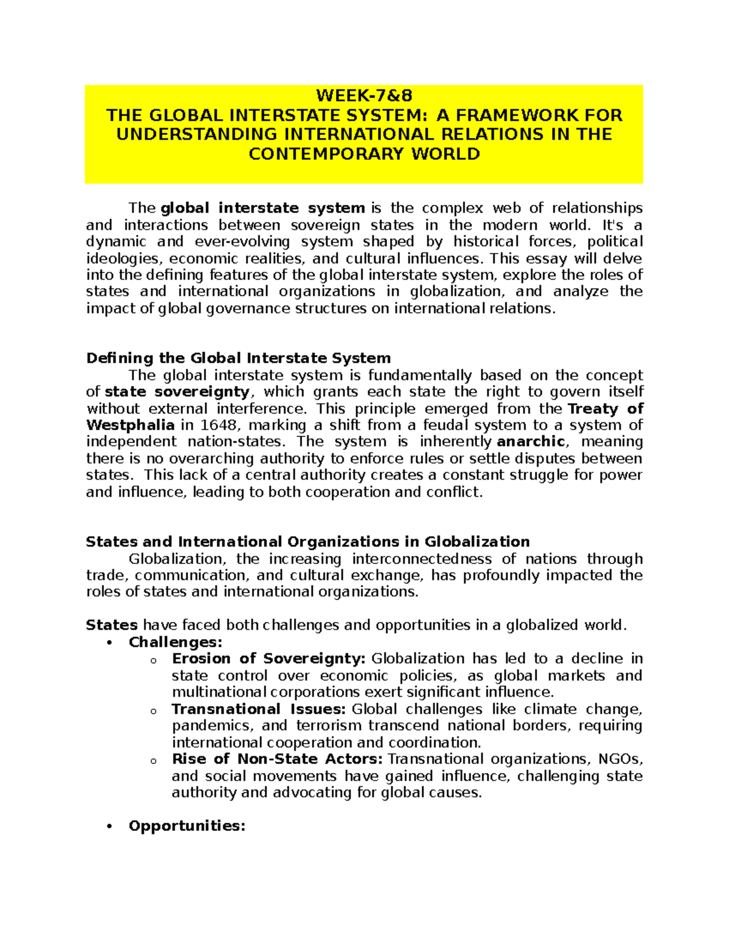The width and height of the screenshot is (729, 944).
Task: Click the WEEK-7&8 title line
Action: pyautogui.click(x=364, y=95)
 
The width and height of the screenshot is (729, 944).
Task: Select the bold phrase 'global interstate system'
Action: pyautogui.click(x=262, y=208)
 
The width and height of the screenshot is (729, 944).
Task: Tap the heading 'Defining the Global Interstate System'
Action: pyautogui.click(x=238, y=358)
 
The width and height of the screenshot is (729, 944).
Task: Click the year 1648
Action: pyautogui.click(x=219, y=425)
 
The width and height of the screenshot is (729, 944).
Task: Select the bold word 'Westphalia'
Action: pyautogui.click(x=131, y=425)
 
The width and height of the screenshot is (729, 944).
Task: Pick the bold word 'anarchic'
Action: pyautogui.click(x=531, y=442)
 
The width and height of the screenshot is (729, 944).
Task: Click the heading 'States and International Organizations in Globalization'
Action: pyautogui.click(x=307, y=542)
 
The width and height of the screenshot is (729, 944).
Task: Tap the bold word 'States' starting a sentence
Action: pyautogui.click(x=112, y=625)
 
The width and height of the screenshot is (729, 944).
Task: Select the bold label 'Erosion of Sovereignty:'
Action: pyautogui.click(x=269, y=659)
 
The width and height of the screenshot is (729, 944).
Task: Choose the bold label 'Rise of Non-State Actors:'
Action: pyautogui.click(x=277, y=759)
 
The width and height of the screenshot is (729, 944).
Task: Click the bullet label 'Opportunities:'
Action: pyautogui.click(x=187, y=826)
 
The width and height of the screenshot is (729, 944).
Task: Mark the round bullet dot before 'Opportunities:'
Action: pyautogui.click(x=109, y=827)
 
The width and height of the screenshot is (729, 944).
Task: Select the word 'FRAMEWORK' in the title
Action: pyautogui.click(x=518, y=115)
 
